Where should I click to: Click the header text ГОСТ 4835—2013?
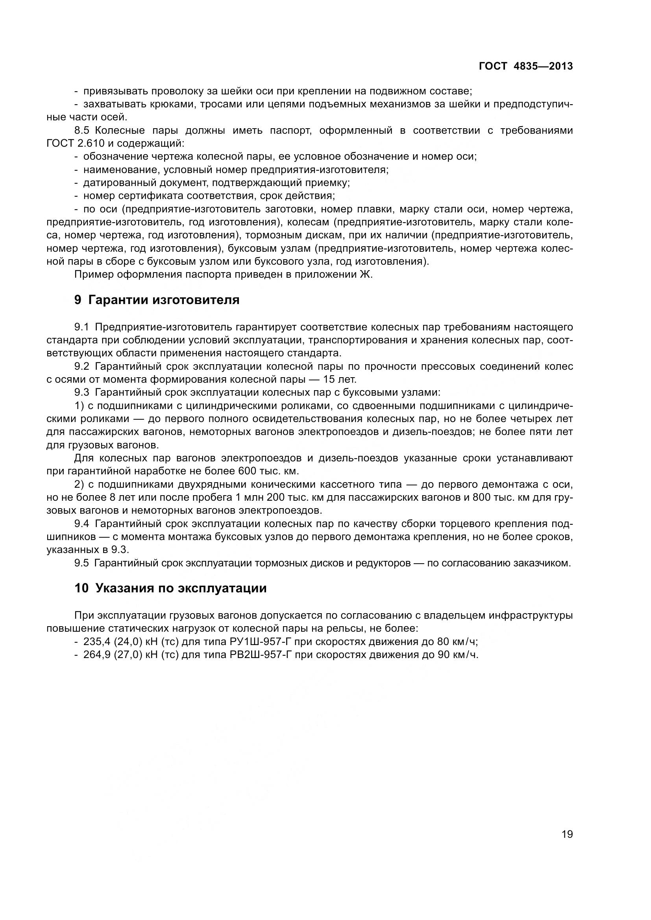(x=525, y=66)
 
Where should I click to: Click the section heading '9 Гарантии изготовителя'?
(x=157, y=300)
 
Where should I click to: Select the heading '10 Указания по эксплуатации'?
(x=170, y=588)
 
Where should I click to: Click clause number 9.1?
(x=81, y=327)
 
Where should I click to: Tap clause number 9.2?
(x=81, y=366)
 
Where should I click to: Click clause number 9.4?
(x=81, y=524)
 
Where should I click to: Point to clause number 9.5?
(x=81, y=563)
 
